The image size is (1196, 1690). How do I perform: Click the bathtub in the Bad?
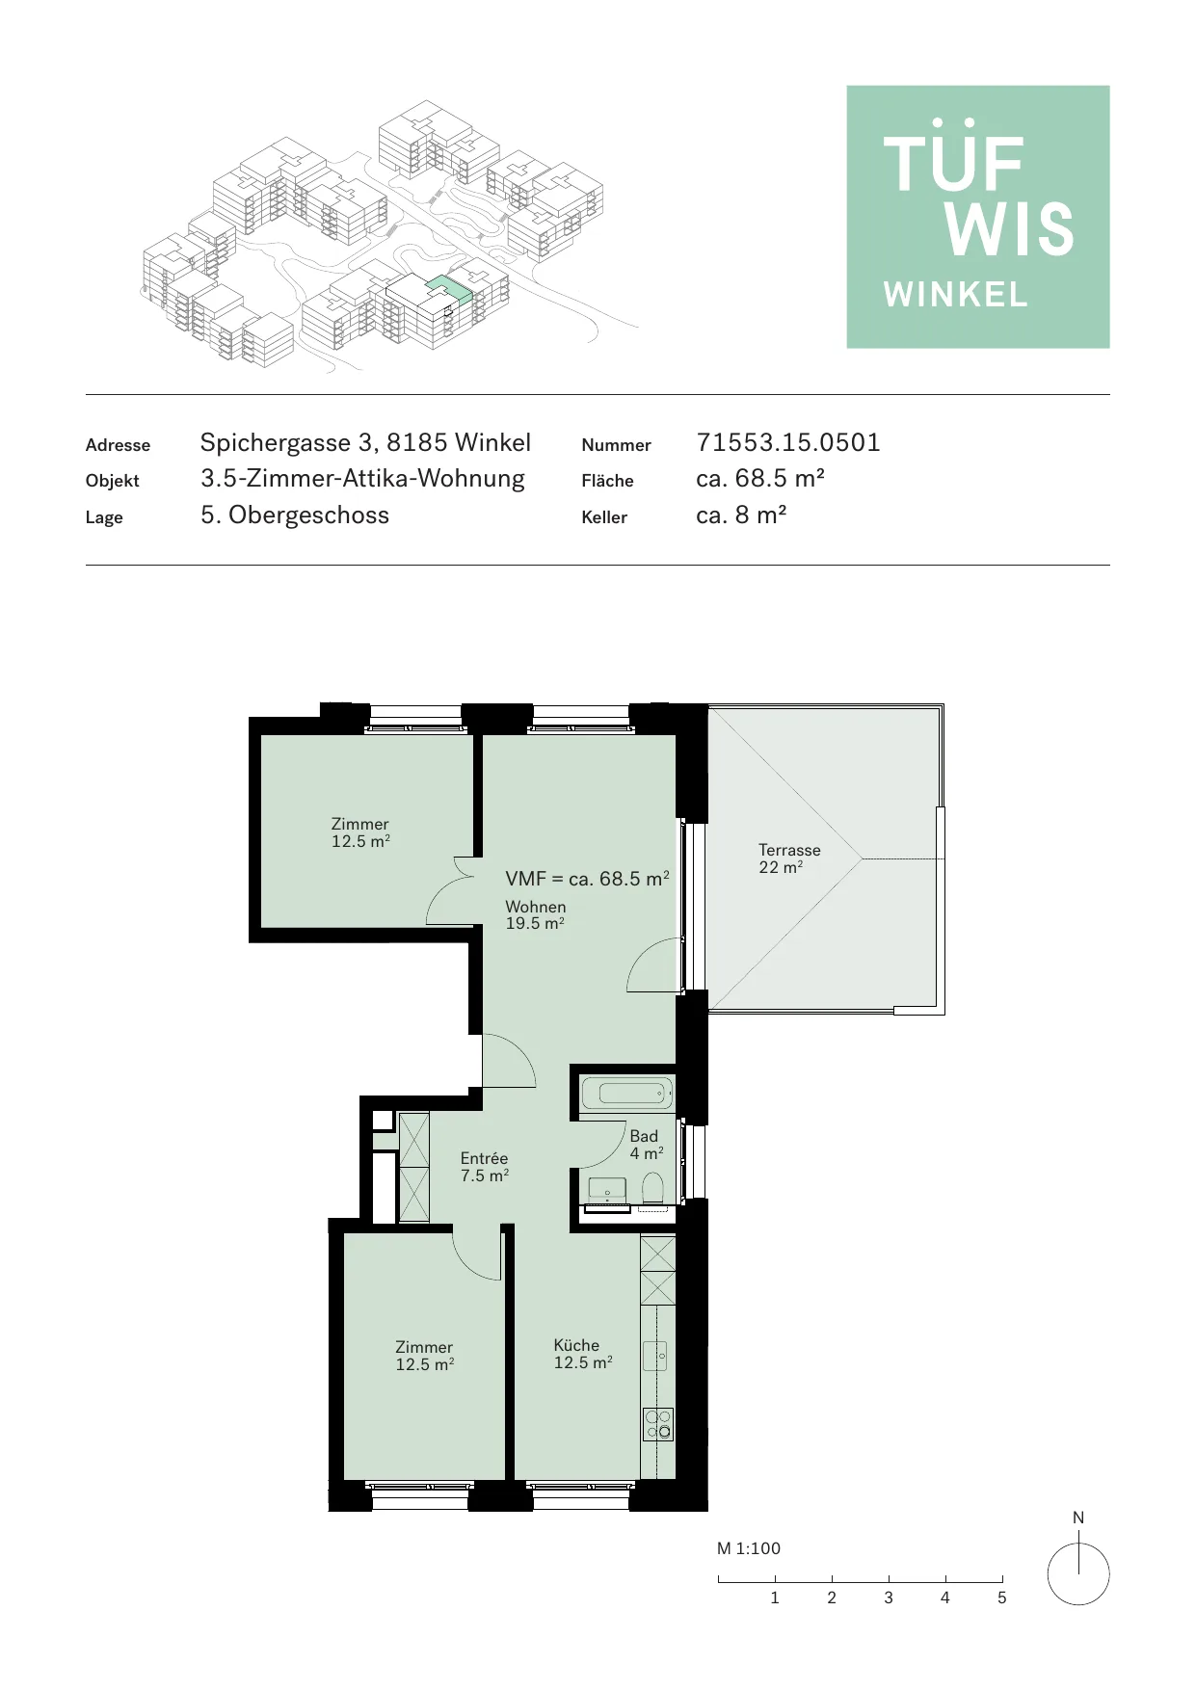pyautogui.click(x=627, y=1093)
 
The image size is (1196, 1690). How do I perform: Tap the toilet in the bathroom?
pyautogui.click(x=652, y=1188)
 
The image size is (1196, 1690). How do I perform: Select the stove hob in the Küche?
pyautogui.click(x=658, y=1424)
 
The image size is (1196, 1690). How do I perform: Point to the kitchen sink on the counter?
pyautogui.click(x=654, y=1355)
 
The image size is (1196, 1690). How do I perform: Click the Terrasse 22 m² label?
pyautogui.click(x=789, y=858)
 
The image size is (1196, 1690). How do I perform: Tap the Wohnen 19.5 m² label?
pyautogui.click(x=536, y=914)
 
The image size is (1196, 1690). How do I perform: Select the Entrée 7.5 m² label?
pyautogui.click(x=484, y=1167)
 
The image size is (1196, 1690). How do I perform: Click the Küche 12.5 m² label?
pyautogui.click(x=582, y=1354)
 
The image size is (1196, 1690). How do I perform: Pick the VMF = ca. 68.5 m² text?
pyautogui.click(x=587, y=879)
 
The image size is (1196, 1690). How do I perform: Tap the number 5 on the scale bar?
pyautogui.click(x=1001, y=1598)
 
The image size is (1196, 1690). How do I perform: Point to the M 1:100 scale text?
pyautogui.click(x=749, y=1548)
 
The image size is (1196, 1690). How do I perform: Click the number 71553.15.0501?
pyautogui.click(x=788, y=442)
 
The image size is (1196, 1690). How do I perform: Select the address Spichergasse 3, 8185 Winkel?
pyautogui.click(x=365, y=443)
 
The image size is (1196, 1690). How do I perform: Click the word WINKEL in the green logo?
pyautogui.click(x=956, y=295)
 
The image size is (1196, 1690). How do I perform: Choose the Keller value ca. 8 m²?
pyautogui.click(x=741, y=515)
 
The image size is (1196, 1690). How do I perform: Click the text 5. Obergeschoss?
pyautogui.click(x=295, y=515)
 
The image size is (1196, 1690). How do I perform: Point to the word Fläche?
pyautogui.click(x=607, y=481)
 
